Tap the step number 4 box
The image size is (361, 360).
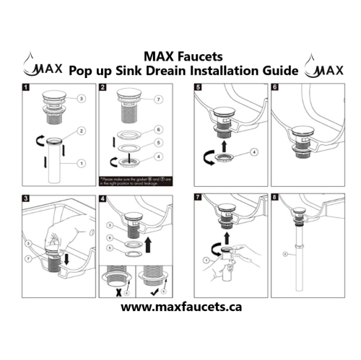[x=103, y=198]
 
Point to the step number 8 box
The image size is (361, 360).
[x=274, y=198]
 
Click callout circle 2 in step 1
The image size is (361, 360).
[x=82, y=131]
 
